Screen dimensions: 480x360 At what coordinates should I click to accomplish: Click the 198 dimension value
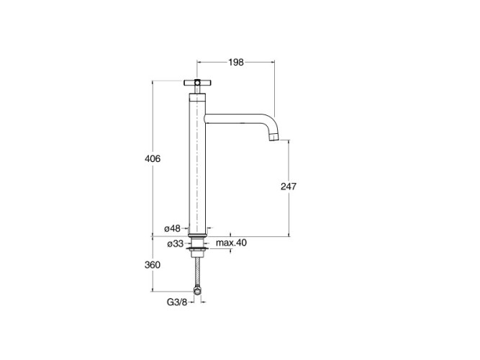(x=236, y=62)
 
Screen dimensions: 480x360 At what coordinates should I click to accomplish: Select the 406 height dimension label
(x=153, y=158)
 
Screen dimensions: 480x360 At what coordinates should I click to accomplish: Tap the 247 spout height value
(x=289, y=186)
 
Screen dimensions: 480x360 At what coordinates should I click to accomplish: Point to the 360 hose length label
(x=153, y=264)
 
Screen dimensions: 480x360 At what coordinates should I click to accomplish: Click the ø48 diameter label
(x=172, y=228)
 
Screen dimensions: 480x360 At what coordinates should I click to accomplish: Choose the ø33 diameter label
(x=176, y=243)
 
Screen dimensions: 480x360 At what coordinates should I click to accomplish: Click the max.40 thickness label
(x=231, y=243)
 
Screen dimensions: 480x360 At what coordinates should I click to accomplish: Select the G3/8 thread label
(x=177, y=302)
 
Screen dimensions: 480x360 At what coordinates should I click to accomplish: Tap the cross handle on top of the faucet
(x=197, y=82)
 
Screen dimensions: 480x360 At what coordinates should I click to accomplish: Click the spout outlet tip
(x=274, y=137)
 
